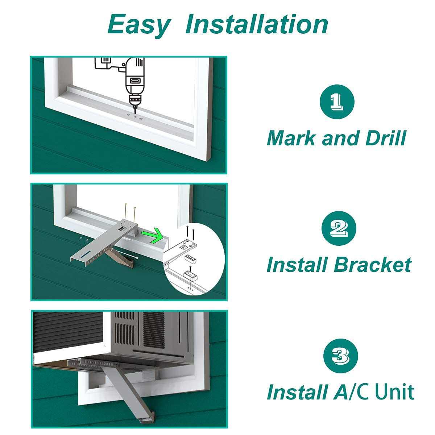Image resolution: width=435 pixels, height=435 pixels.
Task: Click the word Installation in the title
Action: click(257, 24)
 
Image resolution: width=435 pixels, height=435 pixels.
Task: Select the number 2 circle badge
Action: click(339, 228)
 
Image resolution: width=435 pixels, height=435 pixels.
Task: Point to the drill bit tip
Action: click(135, 110)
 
